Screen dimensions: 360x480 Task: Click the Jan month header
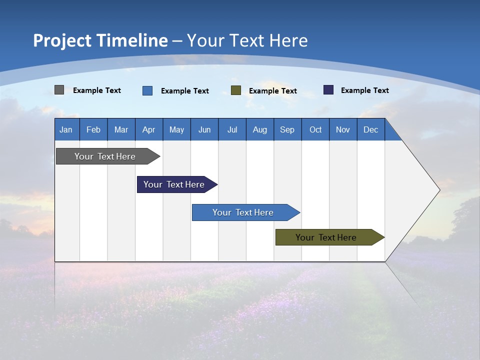[x=66, y=130]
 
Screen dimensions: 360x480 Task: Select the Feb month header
[x=93, y=130]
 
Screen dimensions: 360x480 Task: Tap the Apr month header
[x=148, y=130]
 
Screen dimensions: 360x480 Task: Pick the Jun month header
[x=204, y=130]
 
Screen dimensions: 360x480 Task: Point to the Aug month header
[x=259, y=130]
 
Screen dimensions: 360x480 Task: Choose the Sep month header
[x=287, y=130]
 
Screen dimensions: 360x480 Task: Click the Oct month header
[x=315, y=130]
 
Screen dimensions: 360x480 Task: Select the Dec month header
[x=370, y=130]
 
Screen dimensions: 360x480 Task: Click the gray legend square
[x=59, y=90]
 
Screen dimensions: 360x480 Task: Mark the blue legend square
[x=147, y=90]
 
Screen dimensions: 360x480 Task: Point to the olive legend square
[x=236, y=90]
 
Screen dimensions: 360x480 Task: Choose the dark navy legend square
[x=328, y=90]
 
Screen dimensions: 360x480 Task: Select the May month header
[x=176, y=130]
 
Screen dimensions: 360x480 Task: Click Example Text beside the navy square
[x=364, y=90]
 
